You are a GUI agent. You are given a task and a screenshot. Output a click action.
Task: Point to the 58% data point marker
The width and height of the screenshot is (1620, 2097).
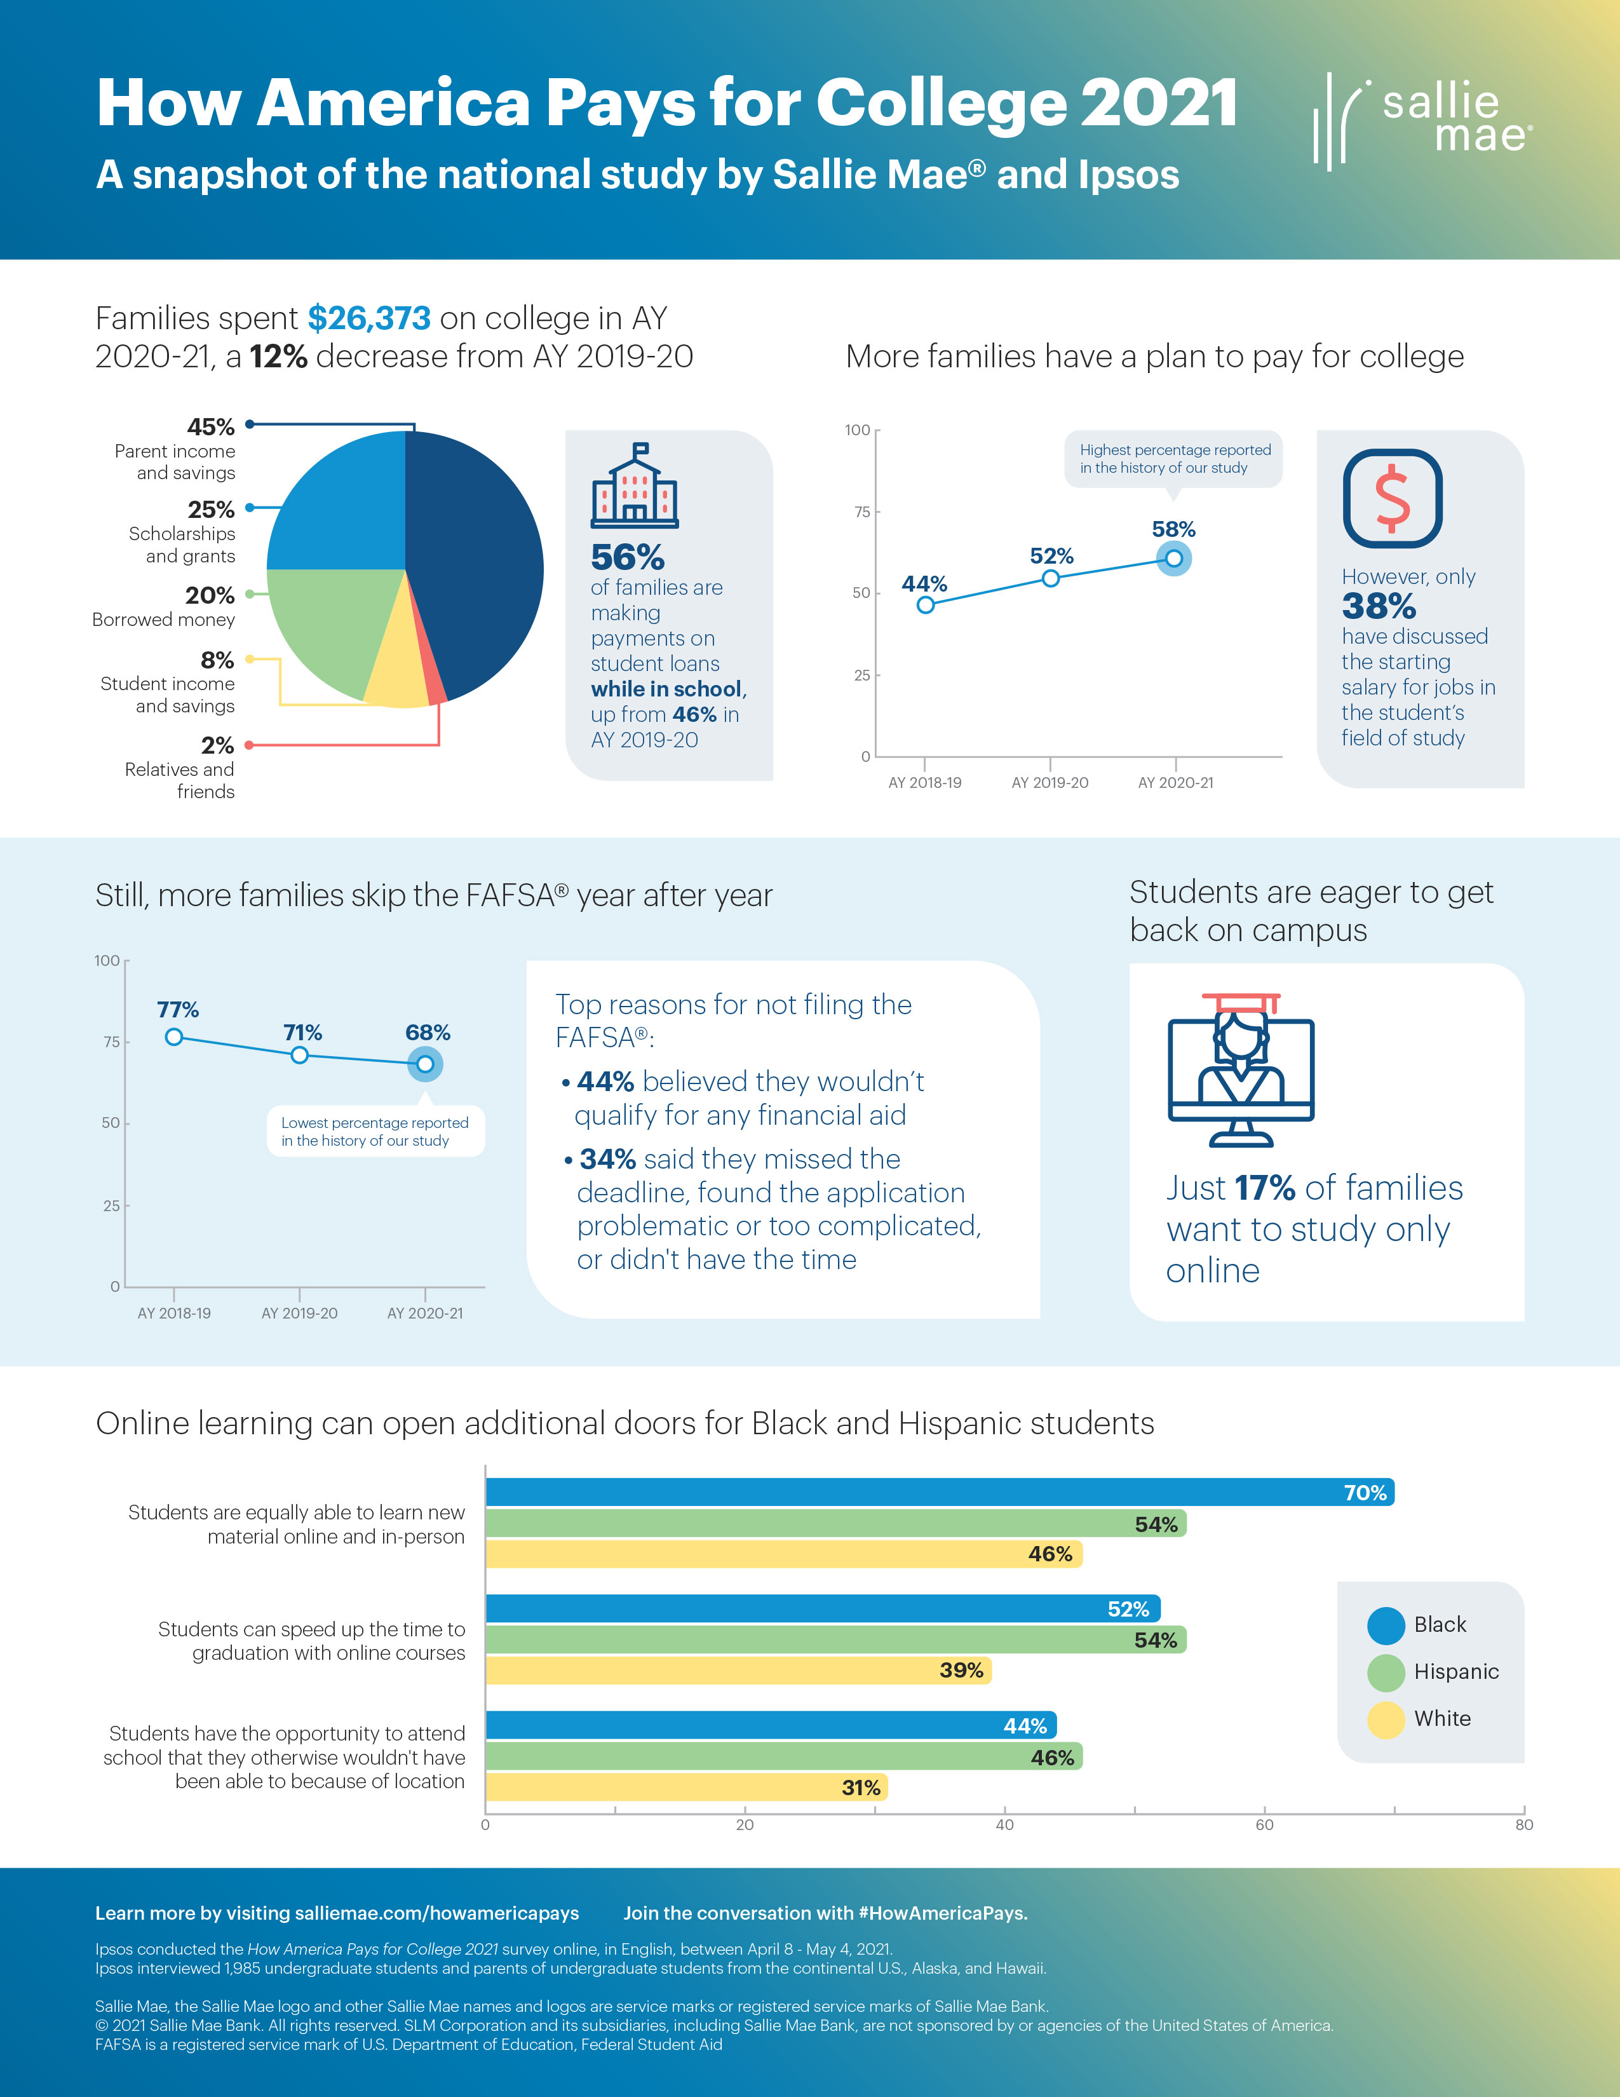[1174, 558]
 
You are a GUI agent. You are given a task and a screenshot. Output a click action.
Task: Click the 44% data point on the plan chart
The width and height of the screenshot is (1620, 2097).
[925, 605]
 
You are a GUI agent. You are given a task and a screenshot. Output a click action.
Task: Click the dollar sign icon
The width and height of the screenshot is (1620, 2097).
[1393, 498]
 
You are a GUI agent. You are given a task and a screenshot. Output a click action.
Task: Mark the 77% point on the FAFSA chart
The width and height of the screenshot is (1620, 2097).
[173, 1037]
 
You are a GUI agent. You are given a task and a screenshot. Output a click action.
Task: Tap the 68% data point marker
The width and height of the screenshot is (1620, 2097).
[425, 1064]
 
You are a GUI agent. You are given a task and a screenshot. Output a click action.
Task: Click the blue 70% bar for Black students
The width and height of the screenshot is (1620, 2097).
[940, 1492]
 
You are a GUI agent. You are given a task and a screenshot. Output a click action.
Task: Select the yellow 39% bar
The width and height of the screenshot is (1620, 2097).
[738, 1671]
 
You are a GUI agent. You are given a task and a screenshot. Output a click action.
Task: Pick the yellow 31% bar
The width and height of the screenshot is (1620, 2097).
[686, 1787]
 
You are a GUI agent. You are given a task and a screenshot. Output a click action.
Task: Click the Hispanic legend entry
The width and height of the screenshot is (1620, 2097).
[1433, 1672]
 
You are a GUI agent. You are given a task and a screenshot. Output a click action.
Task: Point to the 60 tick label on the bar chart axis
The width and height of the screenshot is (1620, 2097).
[1265, 1824]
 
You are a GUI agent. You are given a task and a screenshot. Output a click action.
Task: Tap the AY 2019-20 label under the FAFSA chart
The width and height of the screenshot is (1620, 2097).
[299, 1313]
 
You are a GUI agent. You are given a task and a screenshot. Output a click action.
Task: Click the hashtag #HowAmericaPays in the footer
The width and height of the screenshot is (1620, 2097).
[942, 1913]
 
